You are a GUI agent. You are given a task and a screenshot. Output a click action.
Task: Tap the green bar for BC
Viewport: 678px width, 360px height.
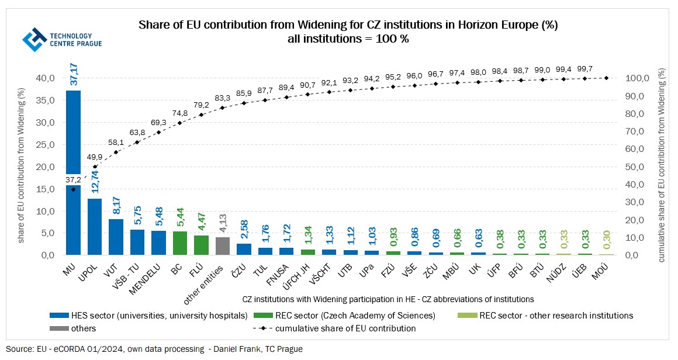pyautogui.click(x=180, y=243)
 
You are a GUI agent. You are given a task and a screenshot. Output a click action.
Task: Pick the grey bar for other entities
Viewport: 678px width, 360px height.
pyautogui.click(x=223, y=246)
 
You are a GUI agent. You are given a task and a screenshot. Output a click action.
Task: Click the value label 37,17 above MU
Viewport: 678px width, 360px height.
pyautogui.click(x=74, y=72)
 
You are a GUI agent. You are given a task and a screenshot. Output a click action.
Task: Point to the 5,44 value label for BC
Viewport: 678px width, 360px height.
pyautogui.click(x=181, y=217)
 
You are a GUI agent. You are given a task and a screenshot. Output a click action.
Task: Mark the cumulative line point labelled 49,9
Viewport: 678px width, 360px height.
pyautogui.click(x=95, y=167)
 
